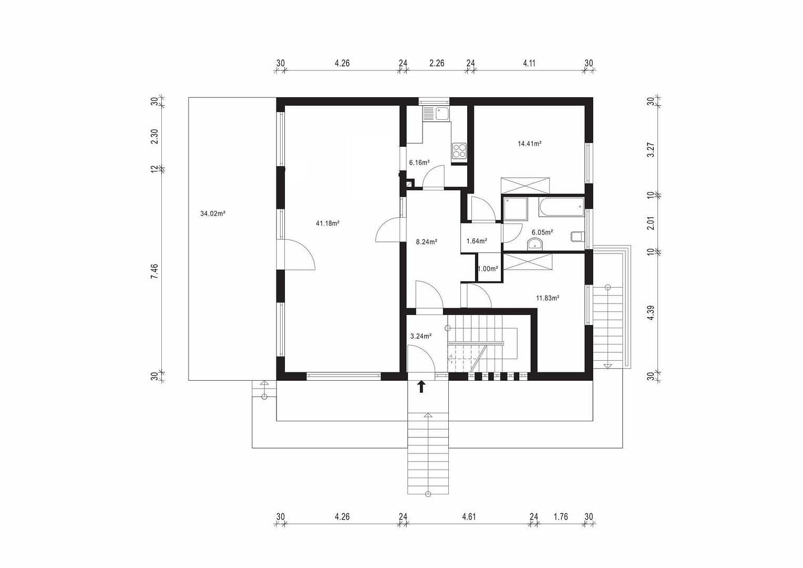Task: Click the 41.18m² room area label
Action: pos(327,224)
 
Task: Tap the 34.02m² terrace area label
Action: pos(213,214)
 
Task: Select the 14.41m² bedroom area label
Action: pos(529,144)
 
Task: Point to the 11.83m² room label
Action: pos(547,298)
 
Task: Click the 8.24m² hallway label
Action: pos(426,242)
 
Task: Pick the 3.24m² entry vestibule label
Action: pos(420,336)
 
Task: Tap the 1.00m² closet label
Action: pos(488,269)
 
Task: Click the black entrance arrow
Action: pos(421,388)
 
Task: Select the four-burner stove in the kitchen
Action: pos(459,151)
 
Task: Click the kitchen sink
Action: pos(441,113)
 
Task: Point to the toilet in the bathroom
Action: pos(577,237)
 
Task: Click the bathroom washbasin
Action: pos(534,244)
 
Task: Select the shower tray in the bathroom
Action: pos(516,209)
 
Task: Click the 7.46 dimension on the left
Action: pos(155,271)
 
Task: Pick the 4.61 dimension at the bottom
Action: pos(469,517)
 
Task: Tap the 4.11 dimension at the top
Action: pos(529,63)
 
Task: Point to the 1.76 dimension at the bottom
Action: pos(561,517)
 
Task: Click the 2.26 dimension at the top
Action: pos(437,63)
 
